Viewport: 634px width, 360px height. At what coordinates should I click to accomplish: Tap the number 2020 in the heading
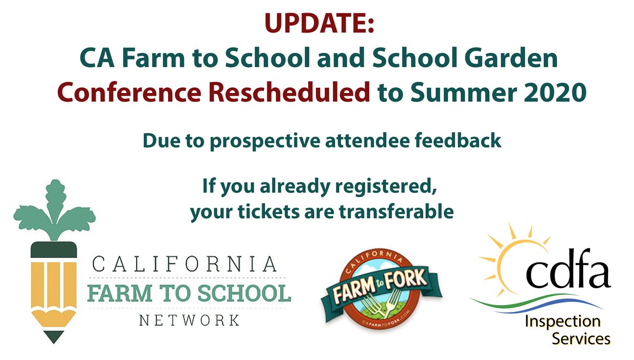pos(551,95)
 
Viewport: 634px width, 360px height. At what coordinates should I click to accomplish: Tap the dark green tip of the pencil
pos(54,335)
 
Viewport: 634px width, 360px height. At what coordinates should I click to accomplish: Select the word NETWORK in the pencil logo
pos(188,320)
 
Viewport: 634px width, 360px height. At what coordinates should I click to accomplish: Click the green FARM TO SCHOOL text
pos(189,292)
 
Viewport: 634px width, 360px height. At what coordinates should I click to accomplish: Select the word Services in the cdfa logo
pos(581,339)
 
